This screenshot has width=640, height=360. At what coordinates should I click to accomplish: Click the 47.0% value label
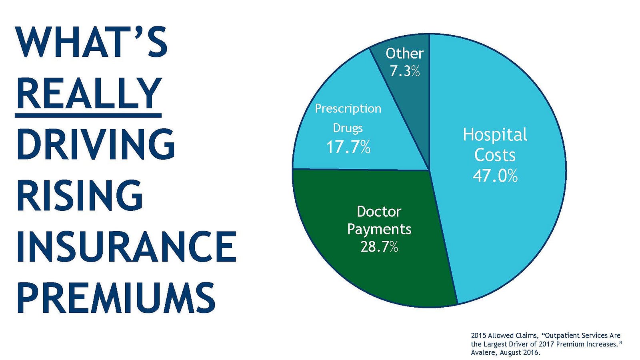coord(495,176)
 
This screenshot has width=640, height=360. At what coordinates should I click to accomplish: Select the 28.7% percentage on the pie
coord(379,247)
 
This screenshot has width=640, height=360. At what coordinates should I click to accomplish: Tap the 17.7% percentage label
coord(348,147)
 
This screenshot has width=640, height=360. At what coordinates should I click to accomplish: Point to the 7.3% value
coord(405,71)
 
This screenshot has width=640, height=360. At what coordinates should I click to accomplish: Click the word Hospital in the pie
coord(495,134)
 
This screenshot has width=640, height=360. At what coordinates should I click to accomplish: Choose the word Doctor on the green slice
coord(379,212)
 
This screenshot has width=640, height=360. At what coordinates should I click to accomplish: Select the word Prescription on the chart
coord(348,109)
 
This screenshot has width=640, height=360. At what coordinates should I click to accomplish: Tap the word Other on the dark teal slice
coord(404,54)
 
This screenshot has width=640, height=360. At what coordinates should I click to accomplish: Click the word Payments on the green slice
coord(379,230)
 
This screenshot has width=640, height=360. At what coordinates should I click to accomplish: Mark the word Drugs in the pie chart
coord(348,128)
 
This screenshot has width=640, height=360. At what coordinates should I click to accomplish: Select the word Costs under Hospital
coord(495,155)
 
